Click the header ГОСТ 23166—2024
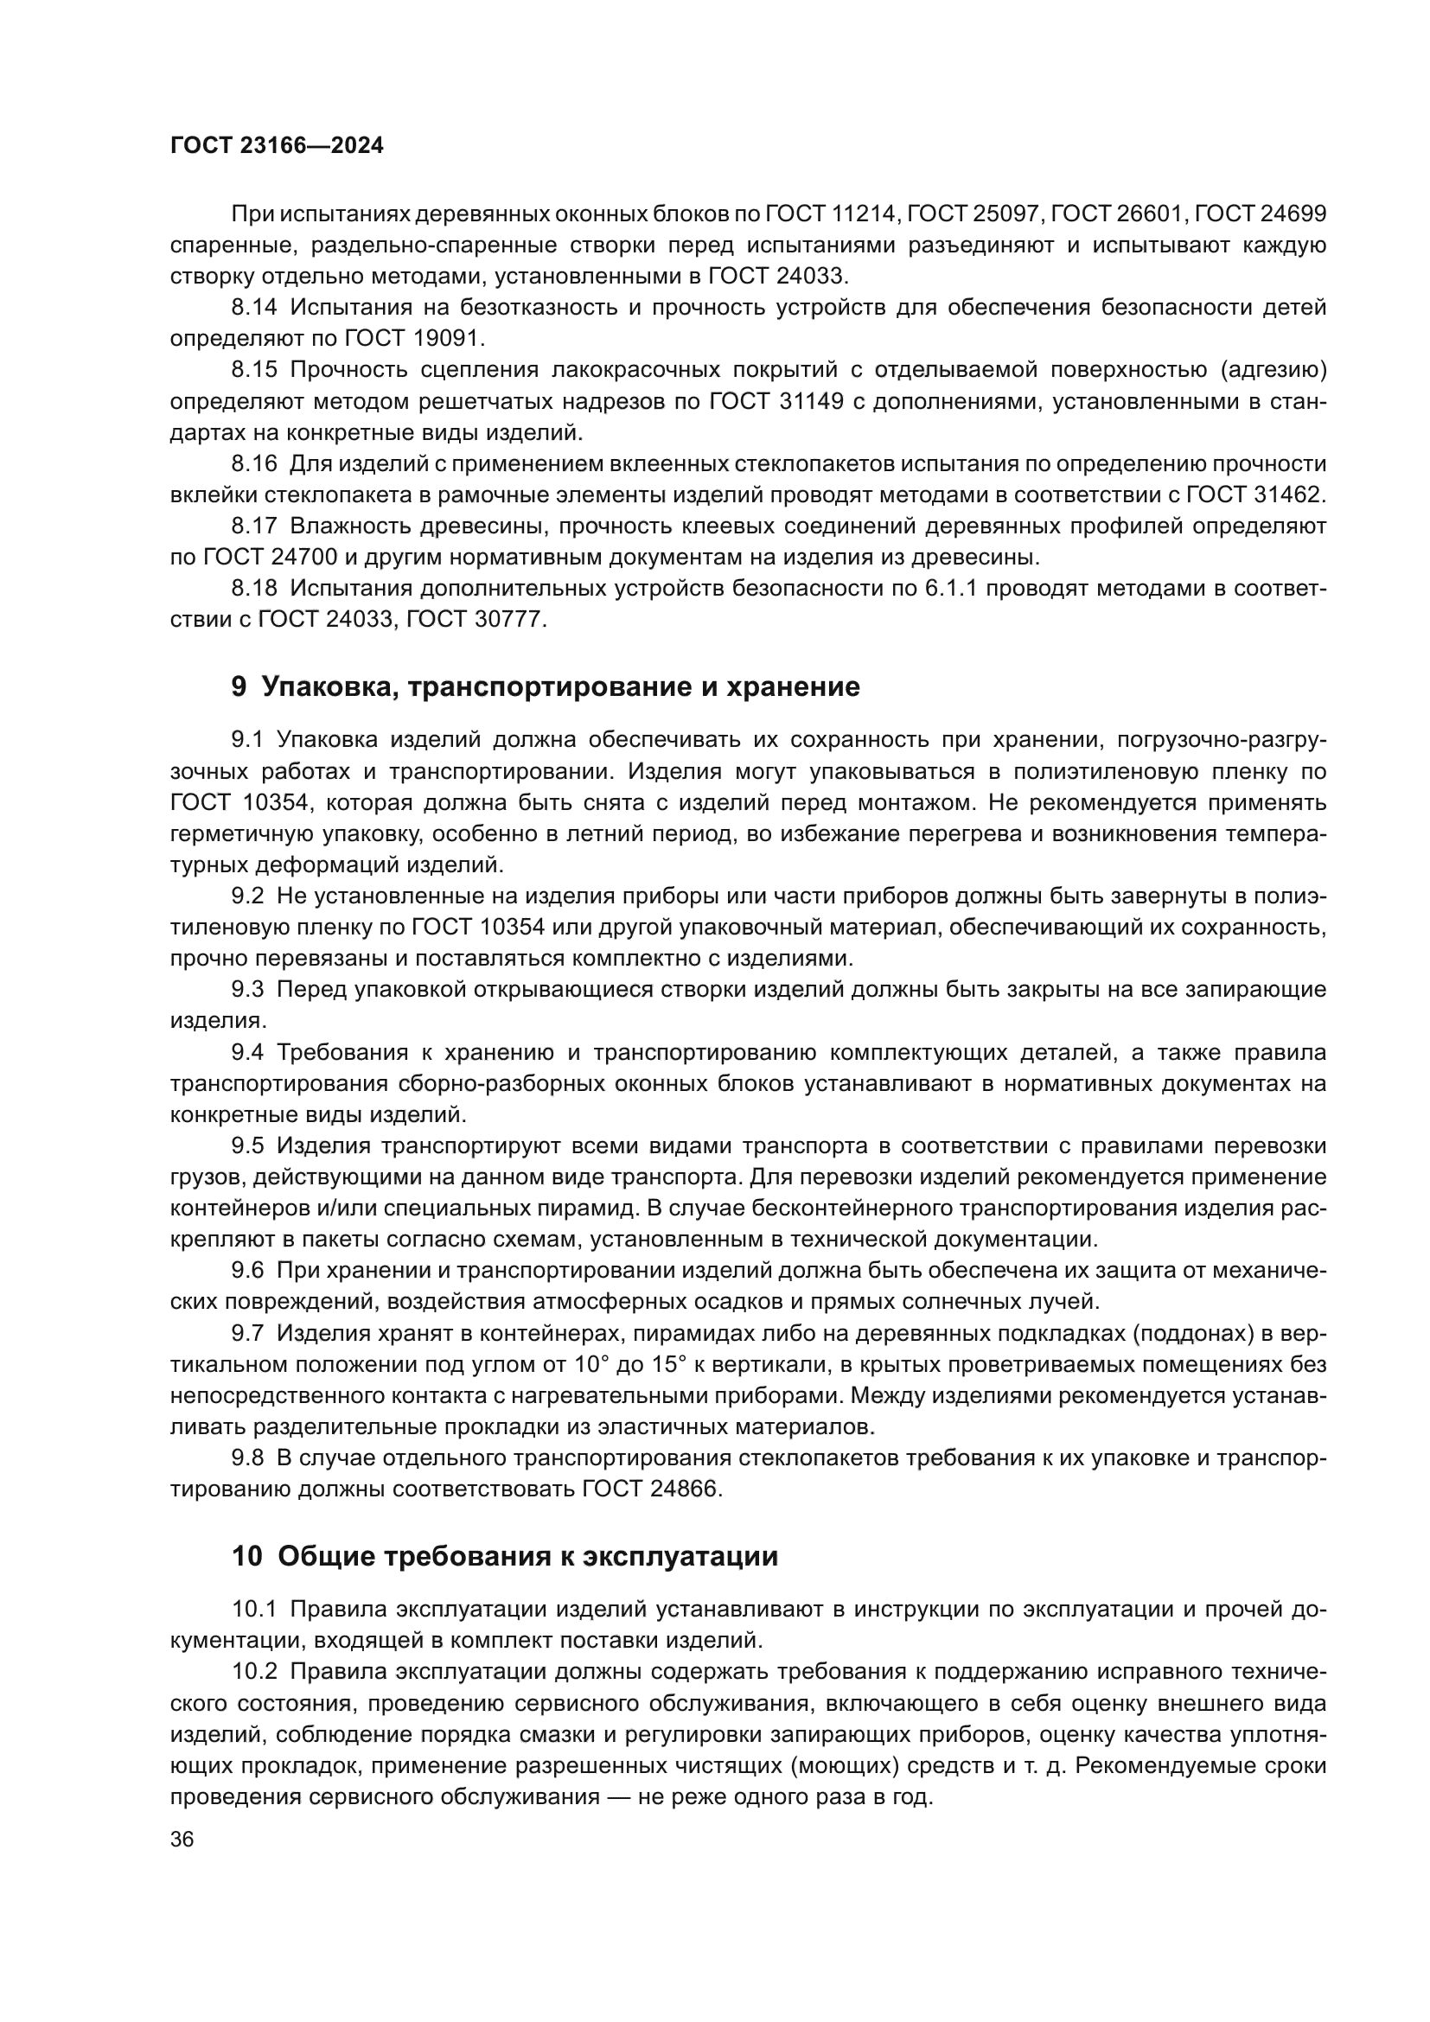277,146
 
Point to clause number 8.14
254,308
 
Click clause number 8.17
254,526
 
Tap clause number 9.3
247,989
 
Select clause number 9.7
247,1333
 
